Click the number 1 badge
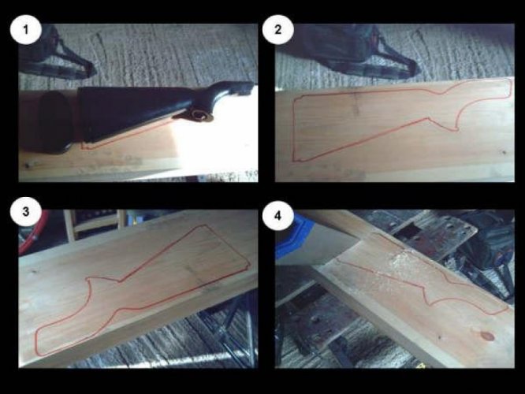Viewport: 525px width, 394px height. click(26, 30)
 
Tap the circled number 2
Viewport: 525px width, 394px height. click(278, 30)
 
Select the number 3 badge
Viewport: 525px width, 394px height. click(26, 212)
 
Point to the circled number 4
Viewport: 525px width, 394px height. click(278, 216)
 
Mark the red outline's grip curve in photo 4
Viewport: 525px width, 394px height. click(432, 295)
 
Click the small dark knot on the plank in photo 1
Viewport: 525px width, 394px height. click(28, 165)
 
